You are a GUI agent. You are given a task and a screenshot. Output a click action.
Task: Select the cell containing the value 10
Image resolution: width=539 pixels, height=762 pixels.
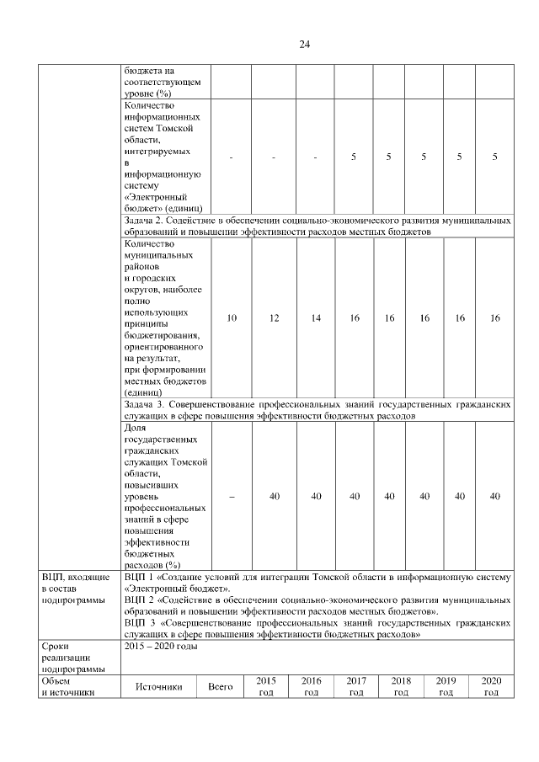(232, 317)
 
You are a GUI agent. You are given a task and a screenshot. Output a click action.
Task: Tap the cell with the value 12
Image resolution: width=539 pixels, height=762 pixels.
(274, 317)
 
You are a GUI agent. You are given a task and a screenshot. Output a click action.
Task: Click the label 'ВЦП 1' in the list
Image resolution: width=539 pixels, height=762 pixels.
(138, 577)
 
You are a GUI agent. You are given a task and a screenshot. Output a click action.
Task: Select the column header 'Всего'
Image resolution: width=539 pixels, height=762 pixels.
(220, 687)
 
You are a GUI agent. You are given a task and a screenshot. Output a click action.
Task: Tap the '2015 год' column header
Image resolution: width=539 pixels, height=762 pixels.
(265, 686)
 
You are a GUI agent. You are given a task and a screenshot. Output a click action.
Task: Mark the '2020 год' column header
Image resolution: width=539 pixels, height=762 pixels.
(492, 686)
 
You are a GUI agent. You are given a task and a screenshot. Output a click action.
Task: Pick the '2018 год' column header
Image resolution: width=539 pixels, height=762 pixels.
(401, 686)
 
